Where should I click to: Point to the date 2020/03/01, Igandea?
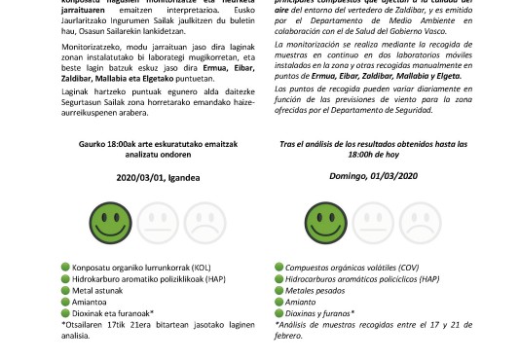click(155, 178)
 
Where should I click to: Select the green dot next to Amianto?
click(280, 302)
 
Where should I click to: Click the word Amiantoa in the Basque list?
click(114, 302)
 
